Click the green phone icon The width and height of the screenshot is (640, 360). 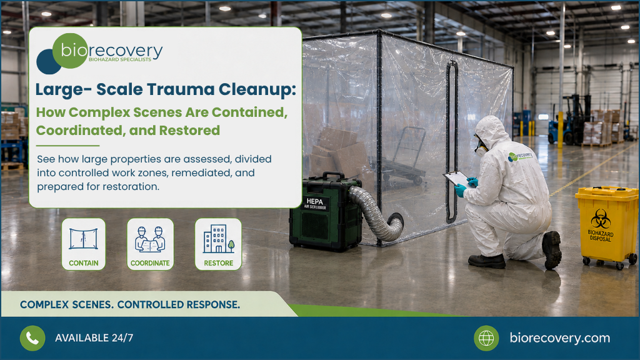click(x=32, y=338)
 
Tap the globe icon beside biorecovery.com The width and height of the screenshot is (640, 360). click(x=486, y=338)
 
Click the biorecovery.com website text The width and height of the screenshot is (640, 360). click(x=559, y=338)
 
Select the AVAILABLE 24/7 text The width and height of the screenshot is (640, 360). click(x=94, y=338)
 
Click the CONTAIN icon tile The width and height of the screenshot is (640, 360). click(x=84, y=244)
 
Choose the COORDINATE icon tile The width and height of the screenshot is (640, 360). click(x=150, y=244)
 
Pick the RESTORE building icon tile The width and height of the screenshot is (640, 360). click(x=218, y=244)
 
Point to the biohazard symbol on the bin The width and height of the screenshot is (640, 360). click(x=601, y=219)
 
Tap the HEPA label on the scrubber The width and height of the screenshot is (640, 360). click(x=315, y=202)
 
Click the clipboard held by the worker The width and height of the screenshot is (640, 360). click(x=456, y=178)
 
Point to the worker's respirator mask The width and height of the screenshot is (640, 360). click(x=481, y=147)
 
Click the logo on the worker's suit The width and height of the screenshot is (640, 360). click(x=521, y=156)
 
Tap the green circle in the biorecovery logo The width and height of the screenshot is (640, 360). click(x=70, y=51)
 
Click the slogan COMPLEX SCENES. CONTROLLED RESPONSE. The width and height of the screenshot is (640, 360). click(x=130, y=304)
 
